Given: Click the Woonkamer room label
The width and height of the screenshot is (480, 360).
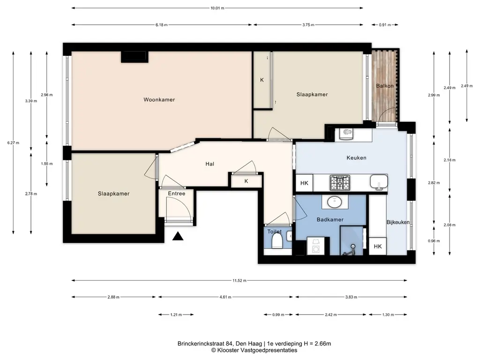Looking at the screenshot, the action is click(x=159, y=99).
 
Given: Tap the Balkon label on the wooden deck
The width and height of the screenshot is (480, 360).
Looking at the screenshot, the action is click(x=385, y=86).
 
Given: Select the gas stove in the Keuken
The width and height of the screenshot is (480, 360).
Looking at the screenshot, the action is click(x=340, y=182).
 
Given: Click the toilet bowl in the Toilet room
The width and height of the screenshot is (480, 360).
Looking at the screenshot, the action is click(x=277, y=240).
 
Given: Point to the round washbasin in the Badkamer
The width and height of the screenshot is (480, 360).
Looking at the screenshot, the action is click(x=335, y=202).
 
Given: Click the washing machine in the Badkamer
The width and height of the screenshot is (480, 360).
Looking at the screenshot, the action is click(x=315, y=246).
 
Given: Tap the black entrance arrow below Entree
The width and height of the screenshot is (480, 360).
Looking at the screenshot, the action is click(x=178, y=236).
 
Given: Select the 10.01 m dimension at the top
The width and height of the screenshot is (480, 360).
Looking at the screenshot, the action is click(x=217, y=8).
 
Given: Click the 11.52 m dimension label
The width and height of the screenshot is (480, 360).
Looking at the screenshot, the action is click(x=240, y=280).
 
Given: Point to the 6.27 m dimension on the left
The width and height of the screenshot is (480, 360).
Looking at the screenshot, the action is click(x=13, y=142).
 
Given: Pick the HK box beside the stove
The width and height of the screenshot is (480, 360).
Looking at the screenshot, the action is click(x=304, y=183).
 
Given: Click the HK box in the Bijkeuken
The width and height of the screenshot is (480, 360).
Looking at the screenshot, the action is click(x=378, y=247).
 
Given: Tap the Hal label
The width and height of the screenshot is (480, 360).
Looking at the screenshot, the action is click(x=210, y=164).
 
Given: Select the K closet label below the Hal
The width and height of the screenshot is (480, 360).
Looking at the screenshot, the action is click(x=247, y=181).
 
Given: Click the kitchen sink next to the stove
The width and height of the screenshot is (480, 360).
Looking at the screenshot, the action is click(x=379, y=182).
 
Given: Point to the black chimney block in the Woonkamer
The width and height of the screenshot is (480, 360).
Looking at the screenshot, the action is click(x=135, y=57).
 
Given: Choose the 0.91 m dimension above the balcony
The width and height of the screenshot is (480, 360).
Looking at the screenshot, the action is click(x=385, y=25).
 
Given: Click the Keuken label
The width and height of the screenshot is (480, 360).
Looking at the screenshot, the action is click(x=356, y=157).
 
